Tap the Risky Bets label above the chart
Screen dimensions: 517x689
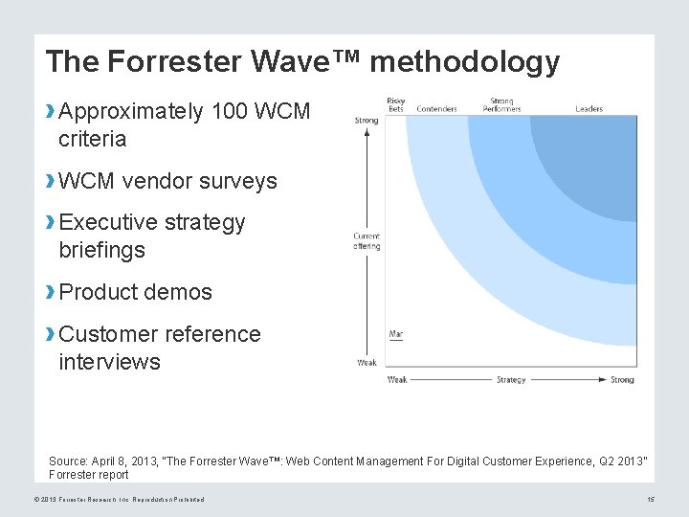click(x=396, y=104)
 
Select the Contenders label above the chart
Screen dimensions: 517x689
click(x=436, y=109)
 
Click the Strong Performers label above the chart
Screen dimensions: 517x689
click(x=501, y=104)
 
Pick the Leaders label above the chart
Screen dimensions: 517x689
click(x=589, y=109)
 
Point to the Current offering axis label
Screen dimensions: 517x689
click(x=367, y=241)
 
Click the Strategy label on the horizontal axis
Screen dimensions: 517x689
click(x=511, y=380)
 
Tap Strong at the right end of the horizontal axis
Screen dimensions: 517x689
click(x=622, y=380)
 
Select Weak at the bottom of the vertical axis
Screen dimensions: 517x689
click(x=367, y=363)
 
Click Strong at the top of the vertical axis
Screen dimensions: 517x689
click(x=367, y=121)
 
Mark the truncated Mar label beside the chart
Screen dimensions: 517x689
click(x=395, y=334)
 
